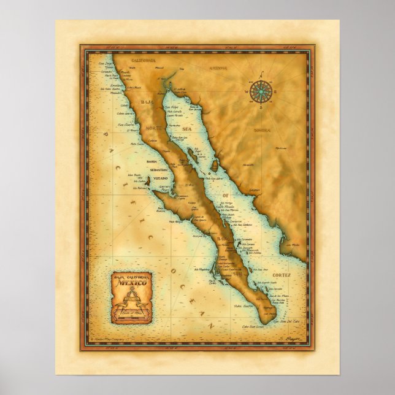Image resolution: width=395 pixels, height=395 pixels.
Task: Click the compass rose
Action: coord(262,92)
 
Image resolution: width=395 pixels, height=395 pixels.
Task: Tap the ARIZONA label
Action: coord(219,69)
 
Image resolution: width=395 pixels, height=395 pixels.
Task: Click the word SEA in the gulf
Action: coord(188,129)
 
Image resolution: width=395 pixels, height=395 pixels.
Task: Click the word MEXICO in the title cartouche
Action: coord(132,285)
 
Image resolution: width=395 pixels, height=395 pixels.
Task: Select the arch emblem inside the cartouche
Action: coord(131,300)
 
